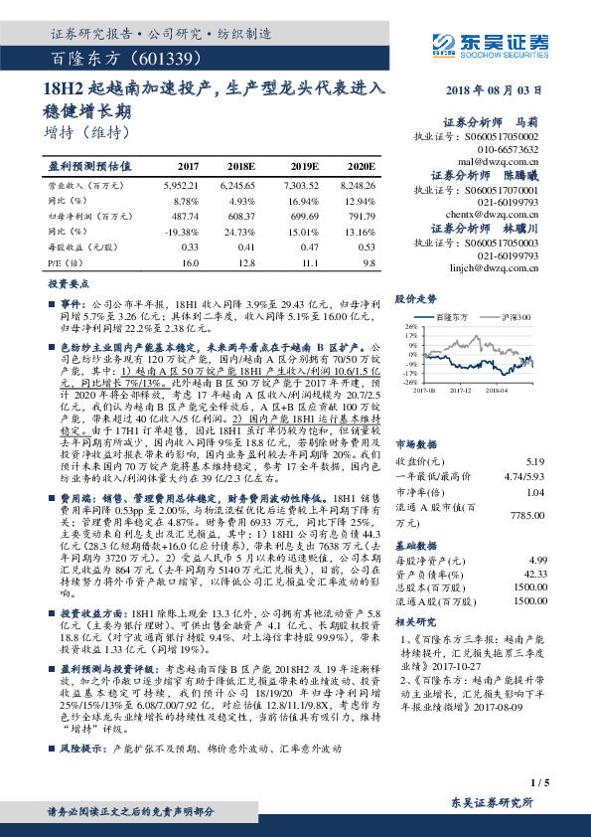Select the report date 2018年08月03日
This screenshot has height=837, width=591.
[491, 90]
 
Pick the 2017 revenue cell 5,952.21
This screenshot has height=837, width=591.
[181, 185]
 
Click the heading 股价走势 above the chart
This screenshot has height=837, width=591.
[416, 298]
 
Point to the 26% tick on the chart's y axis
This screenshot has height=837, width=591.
[408, 325]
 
